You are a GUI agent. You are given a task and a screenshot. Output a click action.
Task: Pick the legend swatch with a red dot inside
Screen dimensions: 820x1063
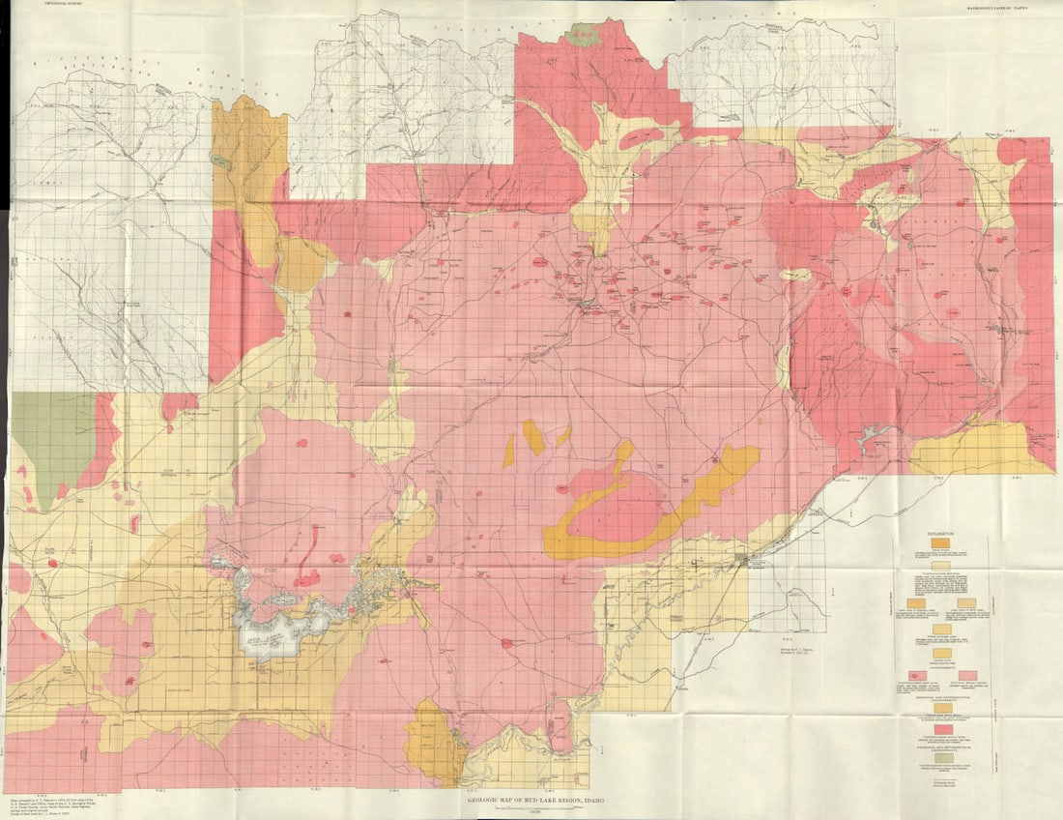915,674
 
